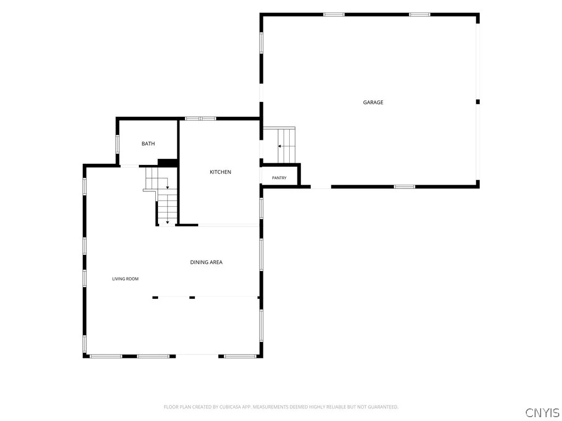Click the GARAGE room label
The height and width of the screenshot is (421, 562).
373,103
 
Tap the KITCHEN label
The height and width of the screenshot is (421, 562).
221,172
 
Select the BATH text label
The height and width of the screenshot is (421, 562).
148,144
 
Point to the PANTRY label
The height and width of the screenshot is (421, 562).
279,178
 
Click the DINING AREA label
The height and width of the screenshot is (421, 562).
206,263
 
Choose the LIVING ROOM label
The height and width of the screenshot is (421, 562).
126,279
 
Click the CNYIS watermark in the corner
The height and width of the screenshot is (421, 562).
542,412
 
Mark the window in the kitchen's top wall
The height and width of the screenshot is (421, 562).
201,118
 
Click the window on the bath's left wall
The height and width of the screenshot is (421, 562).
117,144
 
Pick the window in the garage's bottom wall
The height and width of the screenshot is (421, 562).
404,186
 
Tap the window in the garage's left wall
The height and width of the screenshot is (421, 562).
261,43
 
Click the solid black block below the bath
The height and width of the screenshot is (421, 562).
168,163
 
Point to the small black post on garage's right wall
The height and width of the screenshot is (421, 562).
478,102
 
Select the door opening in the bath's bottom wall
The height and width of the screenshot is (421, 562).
130,166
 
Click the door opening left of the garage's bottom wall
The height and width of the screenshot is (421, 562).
321,186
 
